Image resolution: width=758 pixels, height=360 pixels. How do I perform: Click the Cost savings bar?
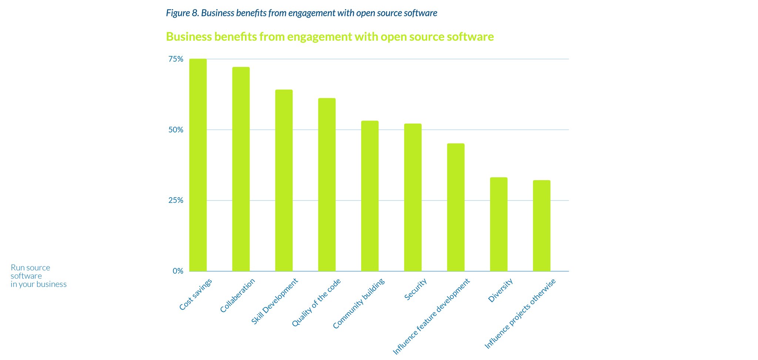coord(198,165)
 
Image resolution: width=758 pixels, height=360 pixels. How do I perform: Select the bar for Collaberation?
coord(241,169)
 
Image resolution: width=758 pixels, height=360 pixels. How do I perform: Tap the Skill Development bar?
coord(284,180)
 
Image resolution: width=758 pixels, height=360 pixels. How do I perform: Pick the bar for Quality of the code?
coord(327,185)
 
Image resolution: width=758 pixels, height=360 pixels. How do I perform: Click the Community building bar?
coord(370,196)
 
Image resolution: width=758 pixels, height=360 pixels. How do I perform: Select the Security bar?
coord(413,197)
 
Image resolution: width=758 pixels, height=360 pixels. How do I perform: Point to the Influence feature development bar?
coord(456,207)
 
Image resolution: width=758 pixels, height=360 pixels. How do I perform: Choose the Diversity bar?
coord(499,224)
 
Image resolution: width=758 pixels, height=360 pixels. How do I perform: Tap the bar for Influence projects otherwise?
coord(541,226)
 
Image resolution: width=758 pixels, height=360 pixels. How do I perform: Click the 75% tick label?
coord(176,59)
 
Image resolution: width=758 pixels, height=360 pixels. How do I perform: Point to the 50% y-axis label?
coord(176,130)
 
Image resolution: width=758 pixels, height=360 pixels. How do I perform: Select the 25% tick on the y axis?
coord(176,200)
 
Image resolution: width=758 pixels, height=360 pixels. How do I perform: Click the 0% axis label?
coord(178,271)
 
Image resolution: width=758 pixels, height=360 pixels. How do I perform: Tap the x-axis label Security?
coord(416,289)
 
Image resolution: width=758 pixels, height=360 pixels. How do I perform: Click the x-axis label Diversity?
coord(500,290)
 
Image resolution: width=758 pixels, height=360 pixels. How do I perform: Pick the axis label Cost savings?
coord(196,294)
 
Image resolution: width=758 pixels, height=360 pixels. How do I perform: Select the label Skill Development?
coord(274,302)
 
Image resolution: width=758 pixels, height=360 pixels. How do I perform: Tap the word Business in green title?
coord(188,37)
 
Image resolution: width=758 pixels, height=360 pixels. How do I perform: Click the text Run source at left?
coord(30,268)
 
